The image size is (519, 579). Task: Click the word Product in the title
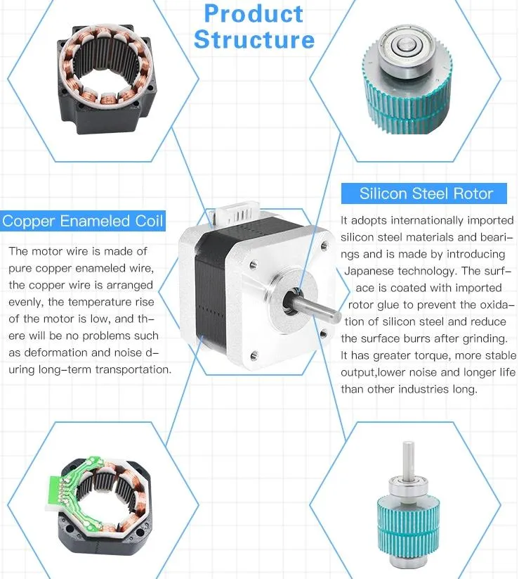click(x=254, y=13)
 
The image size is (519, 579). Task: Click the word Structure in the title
click(x=254, y=39)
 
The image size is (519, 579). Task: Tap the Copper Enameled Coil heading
click(x=83, y=221)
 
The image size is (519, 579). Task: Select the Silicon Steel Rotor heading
click(x=426, y=194)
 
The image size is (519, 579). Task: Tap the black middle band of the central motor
click(x=210, y=295)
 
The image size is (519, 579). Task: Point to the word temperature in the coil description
click(x=119, y=302)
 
